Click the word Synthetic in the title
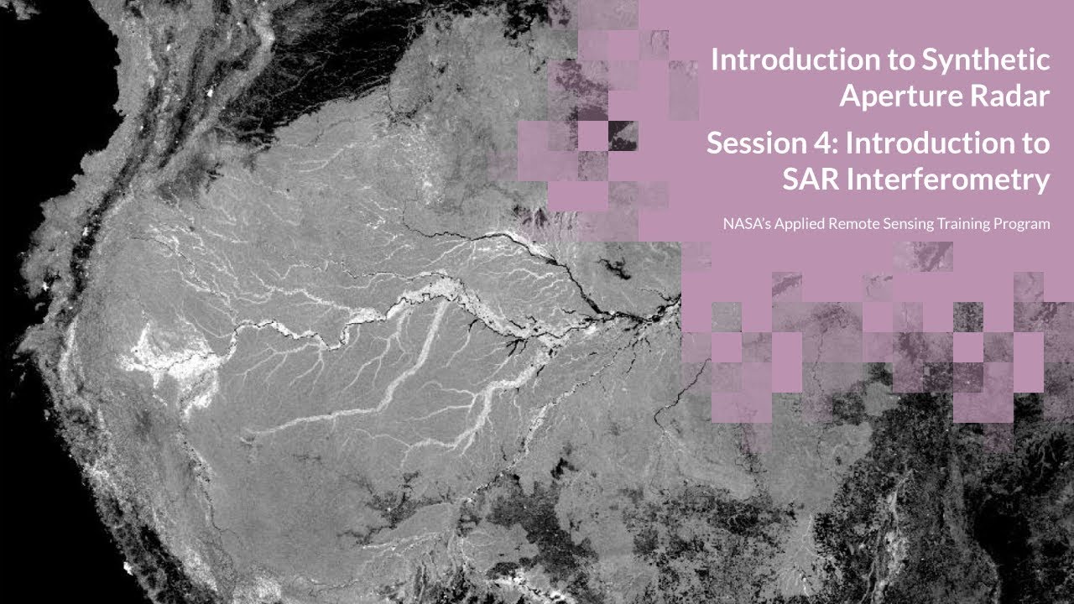coord(986,60)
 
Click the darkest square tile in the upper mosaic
coord(623,136)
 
